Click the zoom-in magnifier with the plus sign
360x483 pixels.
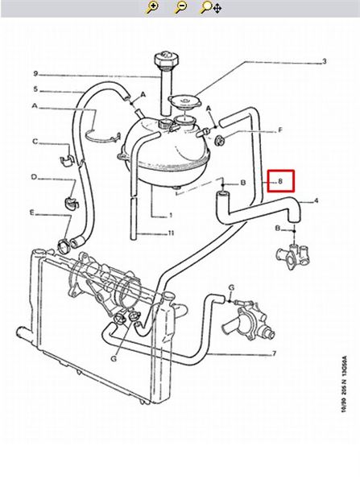[x=152, y=7]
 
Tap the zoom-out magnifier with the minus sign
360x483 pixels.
[x=181, y=7]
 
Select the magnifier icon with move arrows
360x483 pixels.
[x=211, y=7]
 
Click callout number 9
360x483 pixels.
[x=35, y=73]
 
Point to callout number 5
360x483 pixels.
[x=35, y=89]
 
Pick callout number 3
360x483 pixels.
[x=324, y=62]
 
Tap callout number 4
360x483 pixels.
[x=316, y=200]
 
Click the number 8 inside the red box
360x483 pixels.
[x=280, y=181]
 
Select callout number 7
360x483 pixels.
[x=274, y=353]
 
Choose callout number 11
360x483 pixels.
[x=171, y=233]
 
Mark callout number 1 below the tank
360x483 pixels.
[x=171, y=215]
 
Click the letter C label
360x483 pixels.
[x=35, y=142]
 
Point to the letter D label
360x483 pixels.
[x=34, y=177]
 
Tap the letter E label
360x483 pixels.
[x=32, y=213]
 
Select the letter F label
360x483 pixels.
[x=280, y=130]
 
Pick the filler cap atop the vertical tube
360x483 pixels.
[x=166, y=60]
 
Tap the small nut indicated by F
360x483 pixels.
[x=220, y=140]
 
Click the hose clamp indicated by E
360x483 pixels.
[x=64, y=246]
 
